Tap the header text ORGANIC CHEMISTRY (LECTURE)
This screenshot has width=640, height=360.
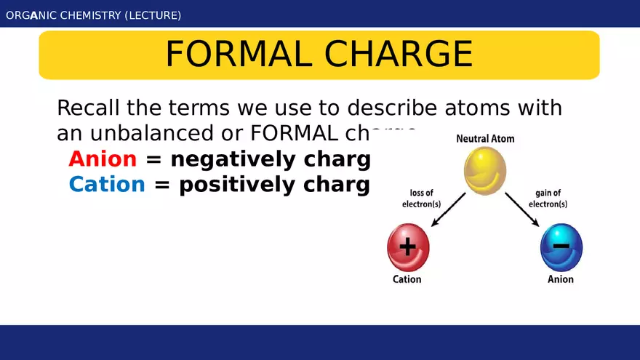94,15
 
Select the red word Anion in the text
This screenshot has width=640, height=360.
103,159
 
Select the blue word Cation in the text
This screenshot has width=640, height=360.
107,185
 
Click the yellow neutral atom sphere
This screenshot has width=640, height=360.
485,171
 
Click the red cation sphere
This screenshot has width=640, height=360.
408,247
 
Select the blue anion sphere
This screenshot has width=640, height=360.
561,247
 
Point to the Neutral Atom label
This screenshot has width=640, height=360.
485,138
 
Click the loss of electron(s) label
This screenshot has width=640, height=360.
422,199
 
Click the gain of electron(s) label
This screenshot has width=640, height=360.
548,199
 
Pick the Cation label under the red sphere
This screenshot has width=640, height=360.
407,279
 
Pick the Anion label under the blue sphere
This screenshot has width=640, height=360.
561,279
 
